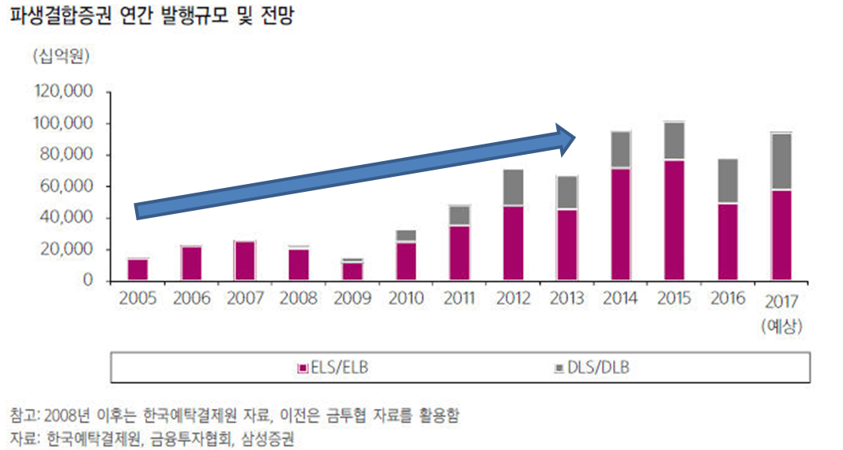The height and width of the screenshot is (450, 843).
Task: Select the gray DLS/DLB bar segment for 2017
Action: pos(781,162)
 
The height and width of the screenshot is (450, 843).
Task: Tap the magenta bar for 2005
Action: pos(137,269)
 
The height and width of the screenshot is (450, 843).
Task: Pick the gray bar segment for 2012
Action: pos(513,188)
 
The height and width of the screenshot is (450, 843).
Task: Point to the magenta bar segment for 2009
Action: pos(352,271)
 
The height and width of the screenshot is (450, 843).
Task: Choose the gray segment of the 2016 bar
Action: pos(728,182)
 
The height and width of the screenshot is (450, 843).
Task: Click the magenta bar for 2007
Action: pos(245,261)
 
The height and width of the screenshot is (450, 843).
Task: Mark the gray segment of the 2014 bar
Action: pos(620,150)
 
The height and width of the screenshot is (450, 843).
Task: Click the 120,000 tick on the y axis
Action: pos(65,92)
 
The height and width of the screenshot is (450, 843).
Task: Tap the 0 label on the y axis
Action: pos(88,281)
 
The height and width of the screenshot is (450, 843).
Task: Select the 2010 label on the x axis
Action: pos(406,299)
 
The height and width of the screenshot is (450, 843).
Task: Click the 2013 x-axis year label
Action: pos(566,299)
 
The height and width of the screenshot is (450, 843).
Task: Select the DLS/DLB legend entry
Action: pos(595,368)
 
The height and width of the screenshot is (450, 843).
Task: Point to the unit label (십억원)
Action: pos(61,57)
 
